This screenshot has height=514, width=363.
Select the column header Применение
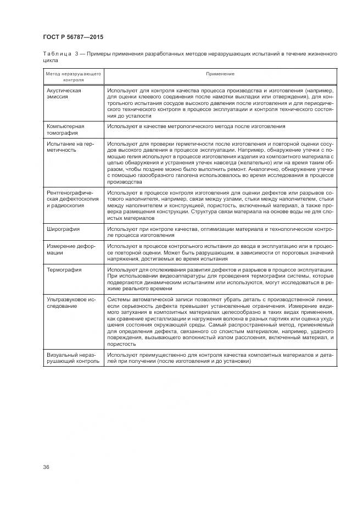point(220,74)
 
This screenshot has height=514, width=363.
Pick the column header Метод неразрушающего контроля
point(73,76)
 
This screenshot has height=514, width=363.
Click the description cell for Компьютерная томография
point(196,126)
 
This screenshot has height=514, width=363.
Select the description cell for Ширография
point(220,231)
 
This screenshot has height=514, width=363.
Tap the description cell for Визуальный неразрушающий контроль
point(220,358)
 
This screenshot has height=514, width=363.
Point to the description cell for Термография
point(220,279)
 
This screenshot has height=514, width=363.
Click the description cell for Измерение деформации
point(220,252)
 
